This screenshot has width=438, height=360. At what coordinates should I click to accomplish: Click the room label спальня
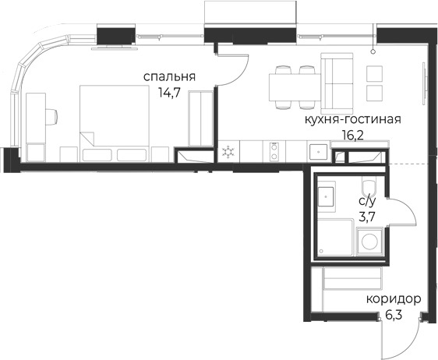point(169,77)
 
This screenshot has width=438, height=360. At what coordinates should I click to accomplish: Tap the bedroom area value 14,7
point(169,93)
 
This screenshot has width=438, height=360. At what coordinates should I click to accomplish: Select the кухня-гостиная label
point(352,119)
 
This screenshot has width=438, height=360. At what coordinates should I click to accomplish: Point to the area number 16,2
point(352,136)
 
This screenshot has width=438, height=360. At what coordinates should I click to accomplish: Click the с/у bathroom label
point(367,201)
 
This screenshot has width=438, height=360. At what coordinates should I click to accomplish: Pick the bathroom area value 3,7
point(367,217)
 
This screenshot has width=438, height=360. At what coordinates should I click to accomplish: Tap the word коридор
point(394,300)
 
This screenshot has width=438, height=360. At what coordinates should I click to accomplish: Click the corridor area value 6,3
point(394,316)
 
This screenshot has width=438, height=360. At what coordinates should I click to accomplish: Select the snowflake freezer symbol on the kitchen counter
point(228,152)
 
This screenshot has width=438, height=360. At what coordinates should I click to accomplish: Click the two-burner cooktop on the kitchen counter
point(274,151)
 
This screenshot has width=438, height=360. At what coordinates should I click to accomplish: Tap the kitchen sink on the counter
point(319,152)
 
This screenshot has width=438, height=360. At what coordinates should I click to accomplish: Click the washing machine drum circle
point(370,242)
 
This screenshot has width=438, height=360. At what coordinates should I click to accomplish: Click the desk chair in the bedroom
point(51,116)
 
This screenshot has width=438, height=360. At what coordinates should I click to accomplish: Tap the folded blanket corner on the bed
point(87,139)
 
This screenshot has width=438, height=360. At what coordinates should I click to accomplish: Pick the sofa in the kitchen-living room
point(337,81)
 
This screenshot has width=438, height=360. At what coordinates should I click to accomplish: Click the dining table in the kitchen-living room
point(295,86)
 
